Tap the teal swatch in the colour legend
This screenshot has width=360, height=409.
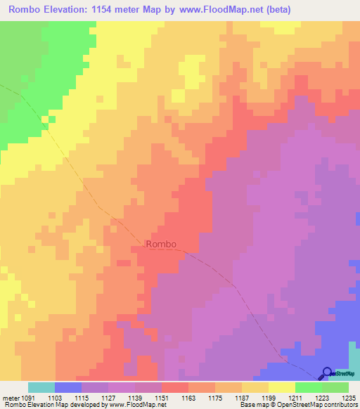click(x=41, y=388)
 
